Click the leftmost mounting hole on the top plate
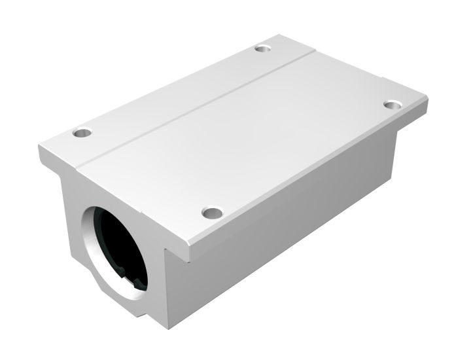[82, 133]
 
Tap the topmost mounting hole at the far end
[262, 48]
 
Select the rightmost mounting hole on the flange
[392, 105]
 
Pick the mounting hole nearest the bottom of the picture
[211, 213]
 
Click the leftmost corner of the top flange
[39, 145]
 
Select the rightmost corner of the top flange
[428, 100]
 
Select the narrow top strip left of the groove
[177, 88]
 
